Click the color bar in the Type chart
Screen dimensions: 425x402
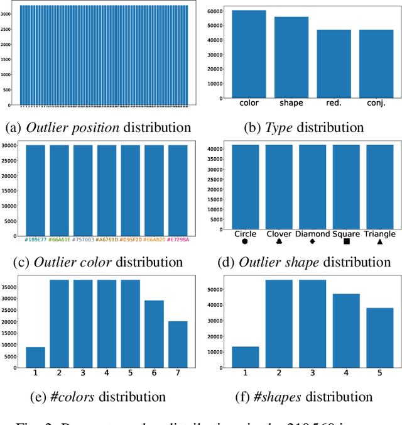[249, 54]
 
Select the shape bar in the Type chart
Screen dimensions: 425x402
[291, 57]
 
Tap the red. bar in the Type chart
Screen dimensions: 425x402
[334, 63]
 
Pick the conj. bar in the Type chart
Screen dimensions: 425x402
[376, 63]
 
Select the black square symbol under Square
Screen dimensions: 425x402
[347, 241]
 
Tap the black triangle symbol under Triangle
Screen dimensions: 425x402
[379, 241]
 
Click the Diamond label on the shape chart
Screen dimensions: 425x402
[312, 233]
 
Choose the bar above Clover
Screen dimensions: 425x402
[279, 186]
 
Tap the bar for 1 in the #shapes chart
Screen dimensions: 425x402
[246, 356]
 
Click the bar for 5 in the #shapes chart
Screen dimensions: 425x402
[379, 338]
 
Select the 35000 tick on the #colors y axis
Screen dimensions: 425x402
[13, 285]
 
